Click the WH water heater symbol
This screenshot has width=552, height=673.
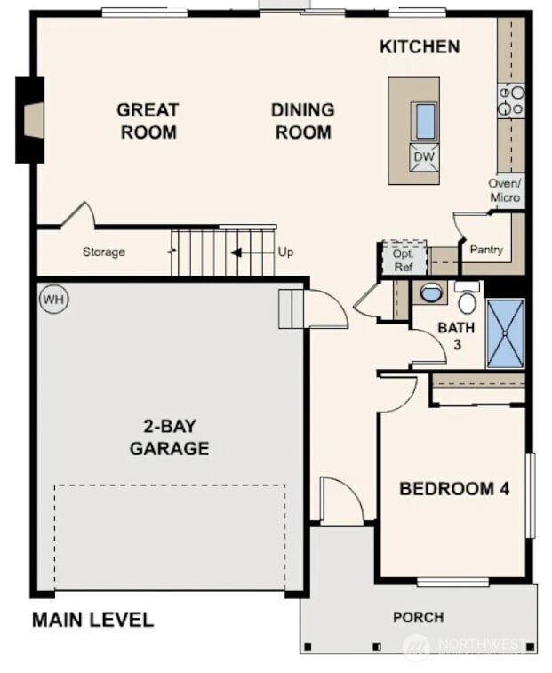pos(53,300)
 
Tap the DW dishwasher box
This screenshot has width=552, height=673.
pos(424,157)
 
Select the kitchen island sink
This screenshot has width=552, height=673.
pos(425,120)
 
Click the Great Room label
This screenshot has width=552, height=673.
pos(148,121)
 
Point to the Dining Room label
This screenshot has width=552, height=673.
pos(302,121)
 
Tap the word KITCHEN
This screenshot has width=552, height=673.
pos(420,46)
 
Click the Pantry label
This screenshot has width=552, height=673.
pos(486,250)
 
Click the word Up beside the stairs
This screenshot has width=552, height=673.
pos(285,252)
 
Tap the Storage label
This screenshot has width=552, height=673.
pos(104,252)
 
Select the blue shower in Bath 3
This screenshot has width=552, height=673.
pos(505,333)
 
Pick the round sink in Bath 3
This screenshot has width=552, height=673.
pos(431,292)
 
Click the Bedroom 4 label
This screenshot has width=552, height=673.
pos(453,488)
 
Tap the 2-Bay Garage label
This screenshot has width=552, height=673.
pos(169,436)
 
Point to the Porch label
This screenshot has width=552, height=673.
pos(419,617)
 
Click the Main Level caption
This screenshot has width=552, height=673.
pos(92,620)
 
